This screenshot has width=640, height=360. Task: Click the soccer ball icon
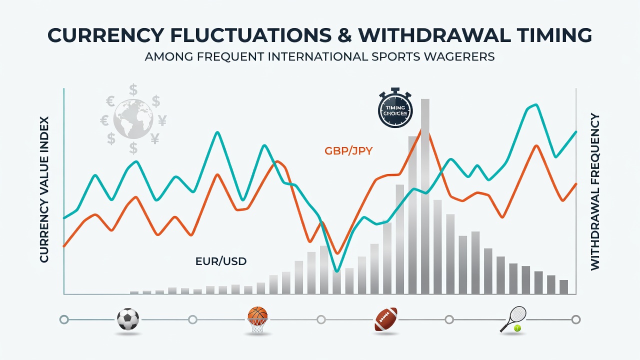(x=128, y=319)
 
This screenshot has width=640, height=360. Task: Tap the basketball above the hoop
(x=257, y=313)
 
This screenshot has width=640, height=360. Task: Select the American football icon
(x=386, y=319)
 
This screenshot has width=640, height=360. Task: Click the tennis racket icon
(x=513, y=318)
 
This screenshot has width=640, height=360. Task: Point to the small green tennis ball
(x=517, y=328)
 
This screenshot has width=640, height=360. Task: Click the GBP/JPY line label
(x=348, y=150)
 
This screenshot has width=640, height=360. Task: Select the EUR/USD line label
(x=221, y=261)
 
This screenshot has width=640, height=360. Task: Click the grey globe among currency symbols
(x=133, y=119)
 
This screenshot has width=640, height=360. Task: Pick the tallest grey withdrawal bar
(x=425, y=196)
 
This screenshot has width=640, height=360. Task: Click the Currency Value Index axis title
(x=44, y=189)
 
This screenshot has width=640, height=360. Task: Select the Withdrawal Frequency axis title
(x=595, y=191)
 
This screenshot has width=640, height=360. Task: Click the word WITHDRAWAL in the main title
(x=433, y=35)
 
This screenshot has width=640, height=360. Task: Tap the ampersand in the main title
(x=345, y=35)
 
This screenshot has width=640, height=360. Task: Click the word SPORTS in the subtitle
(x=395, y=56)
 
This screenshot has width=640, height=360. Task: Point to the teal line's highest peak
(x=537, y=105)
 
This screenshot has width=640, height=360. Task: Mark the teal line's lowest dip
(x=337, y=271)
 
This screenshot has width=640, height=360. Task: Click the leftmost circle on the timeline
(x=64, y=319)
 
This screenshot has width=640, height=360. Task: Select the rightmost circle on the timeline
(x=576, y=319)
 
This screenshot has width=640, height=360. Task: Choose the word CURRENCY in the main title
(x=105, y=35)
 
